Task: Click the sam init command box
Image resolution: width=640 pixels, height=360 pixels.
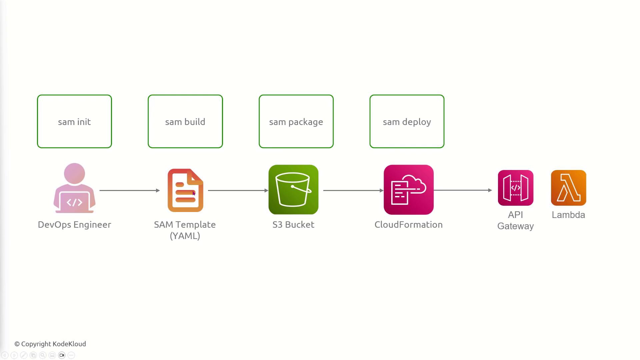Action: pos(74,121)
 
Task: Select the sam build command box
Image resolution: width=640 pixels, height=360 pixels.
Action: pos(185,121)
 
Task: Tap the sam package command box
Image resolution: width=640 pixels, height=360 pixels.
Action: pos(296,121)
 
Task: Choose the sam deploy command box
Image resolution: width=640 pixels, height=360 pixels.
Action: pos(407,121)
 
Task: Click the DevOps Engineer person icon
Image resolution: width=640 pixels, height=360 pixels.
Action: pos(74,188)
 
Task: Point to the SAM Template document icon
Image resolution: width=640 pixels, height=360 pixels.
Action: pos(185,190)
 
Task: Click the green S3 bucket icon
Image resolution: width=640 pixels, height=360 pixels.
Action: pos(293,189)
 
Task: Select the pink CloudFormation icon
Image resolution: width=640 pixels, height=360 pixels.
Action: pos(409,189)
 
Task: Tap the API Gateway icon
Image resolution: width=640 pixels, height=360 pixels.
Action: pos(516,188)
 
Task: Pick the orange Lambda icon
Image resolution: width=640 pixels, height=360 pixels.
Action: pos(569,188)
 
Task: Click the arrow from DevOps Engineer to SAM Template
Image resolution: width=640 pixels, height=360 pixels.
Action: pos(130,190)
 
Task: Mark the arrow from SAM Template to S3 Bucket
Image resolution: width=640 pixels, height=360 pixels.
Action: pos(238,190)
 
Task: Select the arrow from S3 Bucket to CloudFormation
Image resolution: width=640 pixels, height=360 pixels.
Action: pos(353,190)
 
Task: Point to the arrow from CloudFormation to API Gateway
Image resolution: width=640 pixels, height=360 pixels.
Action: pos(463,190)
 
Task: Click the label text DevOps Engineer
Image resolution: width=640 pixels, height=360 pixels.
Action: pos(74,225)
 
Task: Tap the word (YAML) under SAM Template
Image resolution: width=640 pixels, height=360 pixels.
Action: pos(185,236)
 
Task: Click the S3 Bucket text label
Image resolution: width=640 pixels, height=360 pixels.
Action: pos(293,225)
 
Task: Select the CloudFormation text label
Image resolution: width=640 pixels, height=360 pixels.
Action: pos(409,225)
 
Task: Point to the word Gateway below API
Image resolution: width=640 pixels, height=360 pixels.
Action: pos(516,226)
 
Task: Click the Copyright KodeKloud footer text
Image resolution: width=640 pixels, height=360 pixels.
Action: pos(50,344)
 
